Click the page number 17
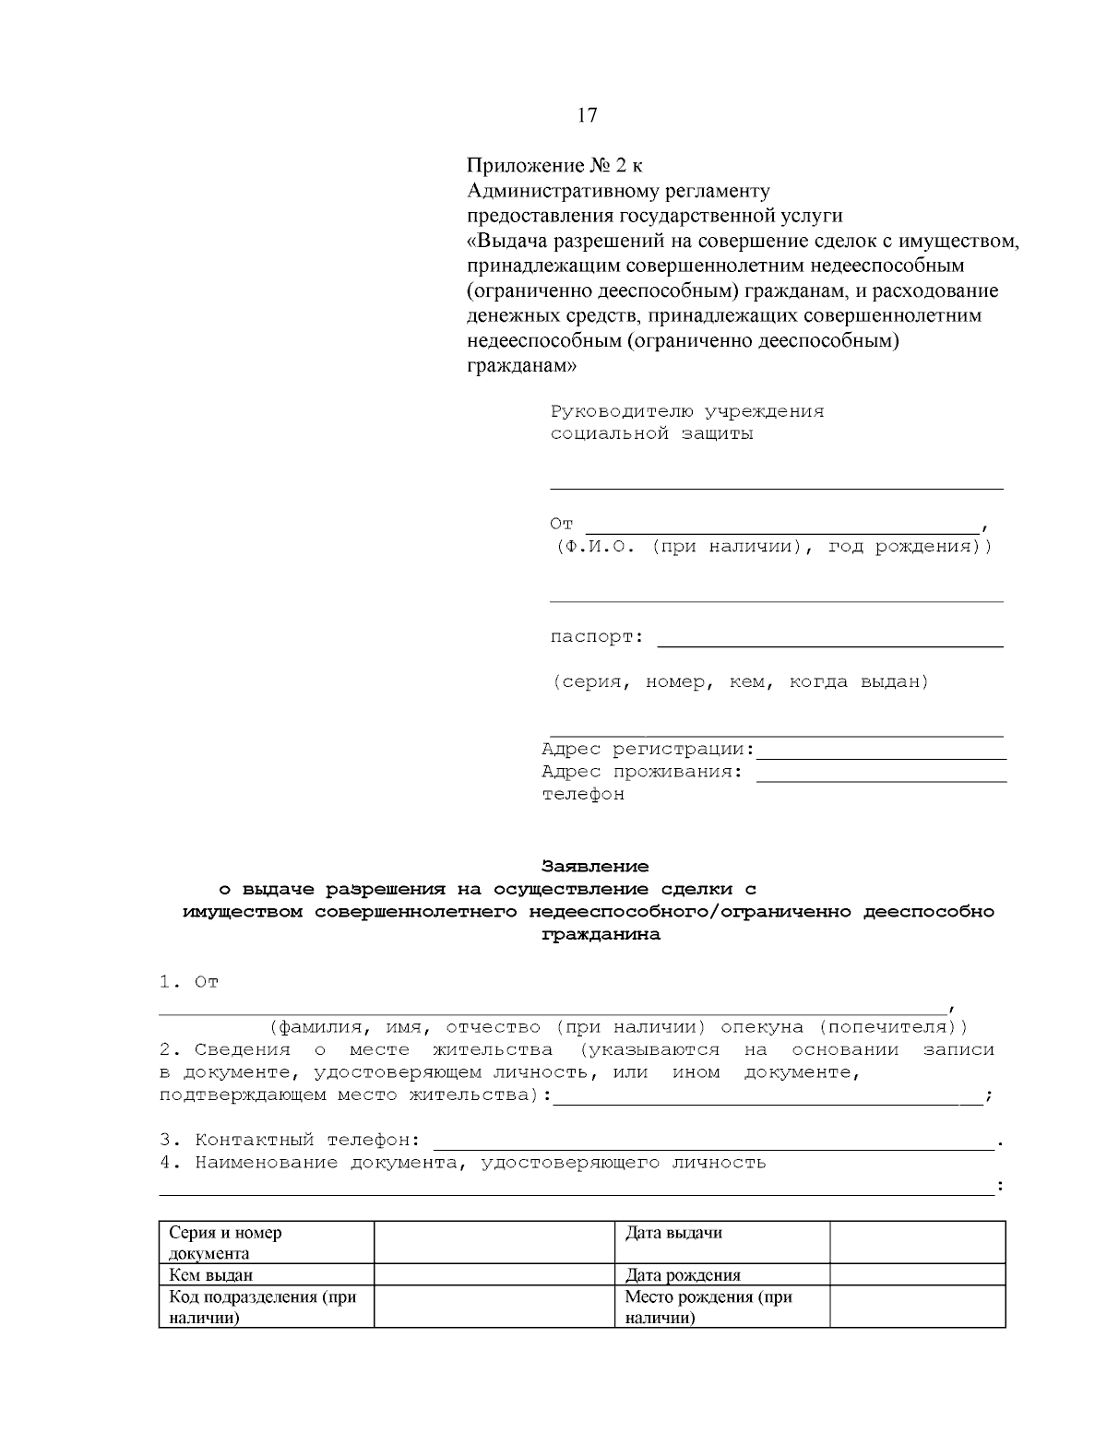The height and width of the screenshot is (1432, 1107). click(x=587, y=115)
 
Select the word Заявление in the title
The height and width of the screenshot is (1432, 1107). click(x=594, y=867)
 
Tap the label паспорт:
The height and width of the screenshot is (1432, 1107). click(x=597, y=637)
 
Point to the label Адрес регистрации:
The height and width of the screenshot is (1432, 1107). click(x=648, y=749)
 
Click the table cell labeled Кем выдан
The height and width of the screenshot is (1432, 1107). click(x=211, y=1276)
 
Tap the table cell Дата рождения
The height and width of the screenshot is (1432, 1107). click(x=683, y=1276)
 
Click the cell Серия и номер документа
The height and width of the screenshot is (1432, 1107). click(x=226, y=1243)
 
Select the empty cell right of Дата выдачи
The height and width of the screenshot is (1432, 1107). click(x=917, y=1243)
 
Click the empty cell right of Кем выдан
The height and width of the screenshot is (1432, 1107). click(x=494, y=1276)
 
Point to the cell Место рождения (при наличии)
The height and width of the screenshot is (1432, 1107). click(x=708, y=1308)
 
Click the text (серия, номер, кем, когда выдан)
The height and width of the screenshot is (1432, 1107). click(x=740, y=682)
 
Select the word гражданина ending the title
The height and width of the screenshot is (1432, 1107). click(x=600, y=934)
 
